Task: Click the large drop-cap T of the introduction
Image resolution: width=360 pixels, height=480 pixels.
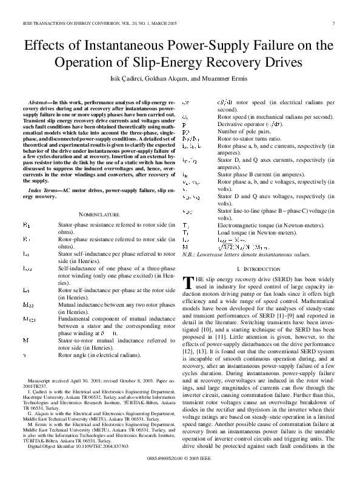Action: [x=187, y=281]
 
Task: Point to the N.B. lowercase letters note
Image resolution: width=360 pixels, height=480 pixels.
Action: [x=246, y=255]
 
